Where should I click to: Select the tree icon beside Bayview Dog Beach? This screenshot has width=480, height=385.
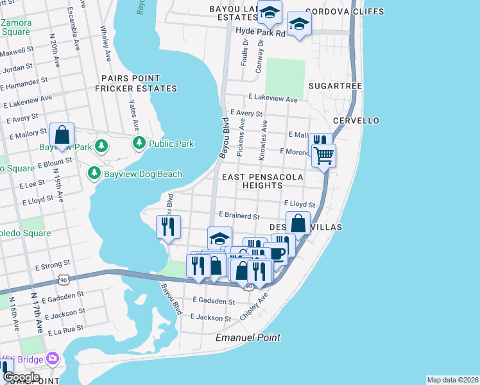(x=94, y=173)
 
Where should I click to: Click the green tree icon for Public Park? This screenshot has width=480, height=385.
(x=138, y=144)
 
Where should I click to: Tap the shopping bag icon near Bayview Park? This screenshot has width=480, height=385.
(x=62, y=135)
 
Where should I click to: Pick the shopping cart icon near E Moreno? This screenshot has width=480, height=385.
(x=323, y=155)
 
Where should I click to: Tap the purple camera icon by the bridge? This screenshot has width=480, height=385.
(x=52, y=357)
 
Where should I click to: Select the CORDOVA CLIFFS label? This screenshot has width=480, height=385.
(x=345, y=12)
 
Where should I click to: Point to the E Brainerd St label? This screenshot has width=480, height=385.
(x=239, y=216)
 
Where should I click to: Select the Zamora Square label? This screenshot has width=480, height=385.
(x=15, y=27)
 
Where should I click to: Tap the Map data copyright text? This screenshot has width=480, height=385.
(x=452, y=380)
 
